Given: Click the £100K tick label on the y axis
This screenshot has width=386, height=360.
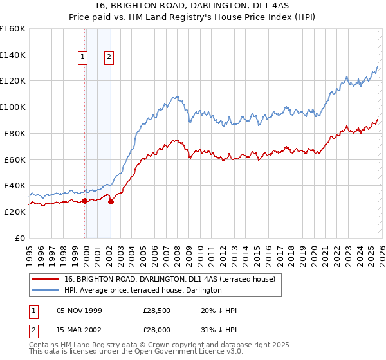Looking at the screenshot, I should [12, 107].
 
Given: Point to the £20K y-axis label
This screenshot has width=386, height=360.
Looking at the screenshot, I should [14, 212].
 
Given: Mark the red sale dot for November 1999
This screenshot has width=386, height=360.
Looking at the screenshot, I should [84, 201].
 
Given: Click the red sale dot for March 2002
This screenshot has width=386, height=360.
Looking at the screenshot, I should [111, 201].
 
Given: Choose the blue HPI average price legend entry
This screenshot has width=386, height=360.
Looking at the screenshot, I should [142, 290].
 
